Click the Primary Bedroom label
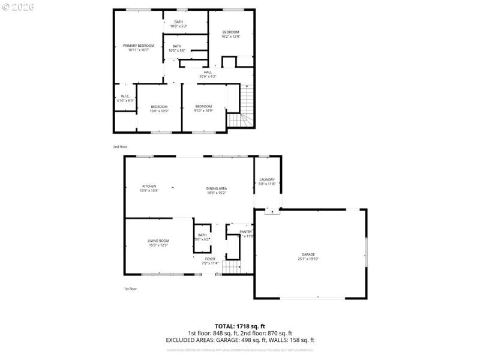139,46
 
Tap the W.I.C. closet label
125,96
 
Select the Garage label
307,254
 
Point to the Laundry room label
267,180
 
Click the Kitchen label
149,186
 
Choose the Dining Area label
217,188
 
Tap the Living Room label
158,241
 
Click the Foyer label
210,259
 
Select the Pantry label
245,232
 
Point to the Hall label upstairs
208,72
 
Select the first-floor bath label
202,235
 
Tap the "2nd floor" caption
120,146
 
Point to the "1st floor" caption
130,289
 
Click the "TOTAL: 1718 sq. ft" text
240,326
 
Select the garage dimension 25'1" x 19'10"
307,259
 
